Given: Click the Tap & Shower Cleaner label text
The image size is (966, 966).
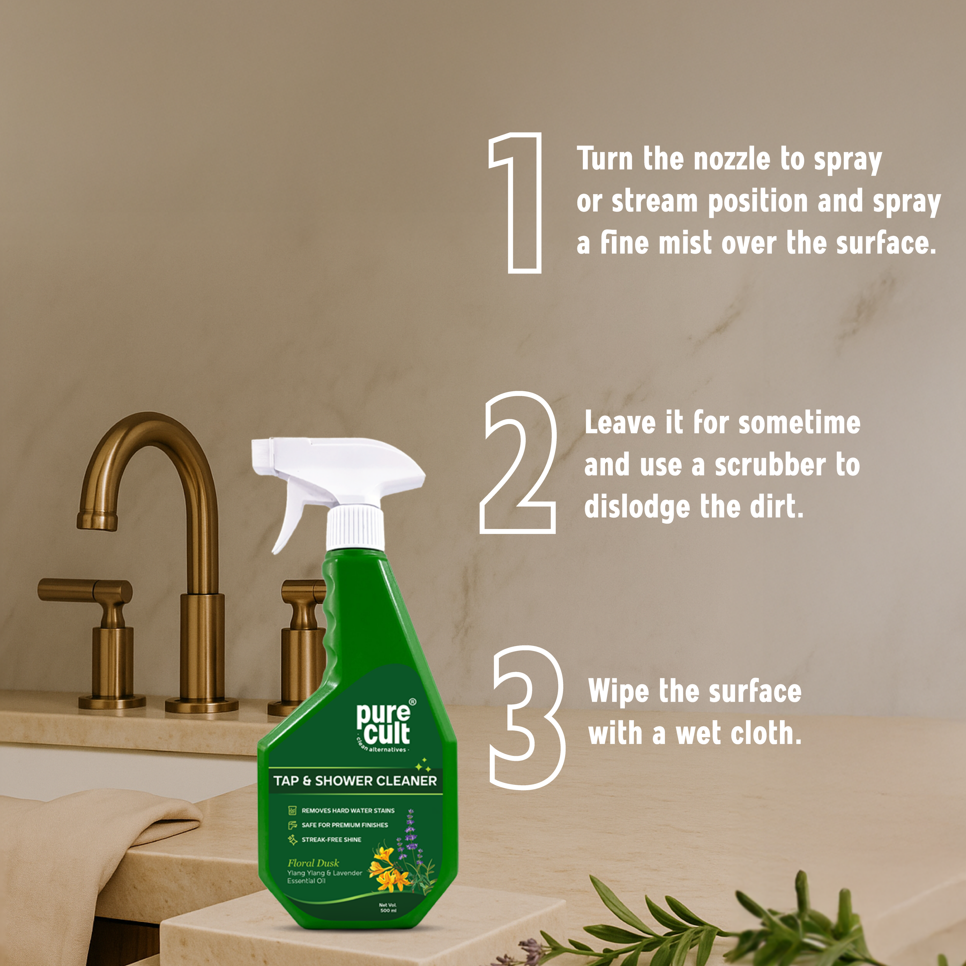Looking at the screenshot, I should point(355,781).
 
